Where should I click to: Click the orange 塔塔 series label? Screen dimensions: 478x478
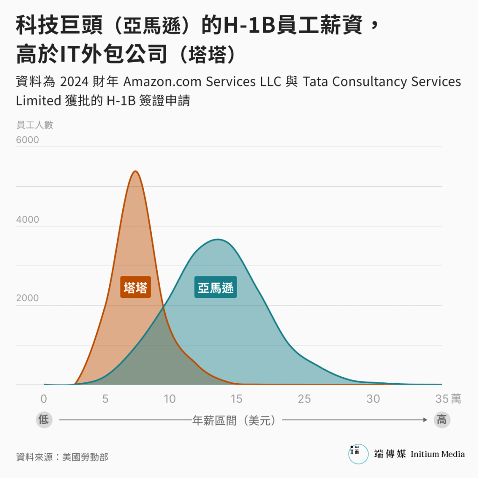tap(135, 288)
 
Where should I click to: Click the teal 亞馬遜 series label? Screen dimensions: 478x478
tap(216, 288)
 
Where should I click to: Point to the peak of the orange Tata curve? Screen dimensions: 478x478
tap(135, 171)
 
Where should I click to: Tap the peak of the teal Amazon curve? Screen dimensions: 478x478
tap(218, 239)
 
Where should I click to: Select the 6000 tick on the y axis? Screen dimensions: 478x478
tap(28, 140)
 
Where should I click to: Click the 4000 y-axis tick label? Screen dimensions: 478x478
tap(28, 219)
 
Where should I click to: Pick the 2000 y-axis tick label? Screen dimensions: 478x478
tap(28, 298)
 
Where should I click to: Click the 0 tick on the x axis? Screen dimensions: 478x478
tap(44, 399)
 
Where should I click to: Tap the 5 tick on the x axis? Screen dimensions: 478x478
tap(105, 399)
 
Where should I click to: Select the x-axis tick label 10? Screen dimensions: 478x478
tap(169, 399)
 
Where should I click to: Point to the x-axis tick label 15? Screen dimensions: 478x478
tap(236, 399)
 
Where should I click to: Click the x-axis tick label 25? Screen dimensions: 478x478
tap(304, 399)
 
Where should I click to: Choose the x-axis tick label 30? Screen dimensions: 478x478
tap(373, 399)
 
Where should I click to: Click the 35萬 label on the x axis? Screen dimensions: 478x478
tap(448, 399)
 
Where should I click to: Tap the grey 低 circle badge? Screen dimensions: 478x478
tap(43, 420)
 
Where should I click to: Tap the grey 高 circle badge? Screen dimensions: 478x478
tap(441, 420)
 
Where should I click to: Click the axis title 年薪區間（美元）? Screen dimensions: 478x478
tap(237, 420)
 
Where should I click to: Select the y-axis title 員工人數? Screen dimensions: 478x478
tap(35, 125)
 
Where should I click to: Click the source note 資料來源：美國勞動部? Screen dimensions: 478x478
tap(62, 457)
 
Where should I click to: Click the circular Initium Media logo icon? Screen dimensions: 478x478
tap(358, 454)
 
